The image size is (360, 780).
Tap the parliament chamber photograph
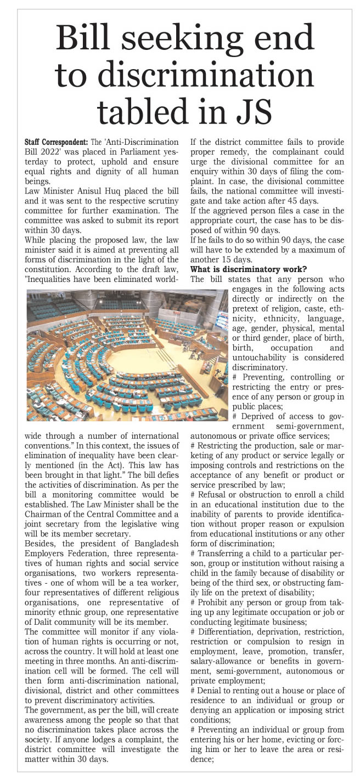pyautogui.click(x=126, y=355)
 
